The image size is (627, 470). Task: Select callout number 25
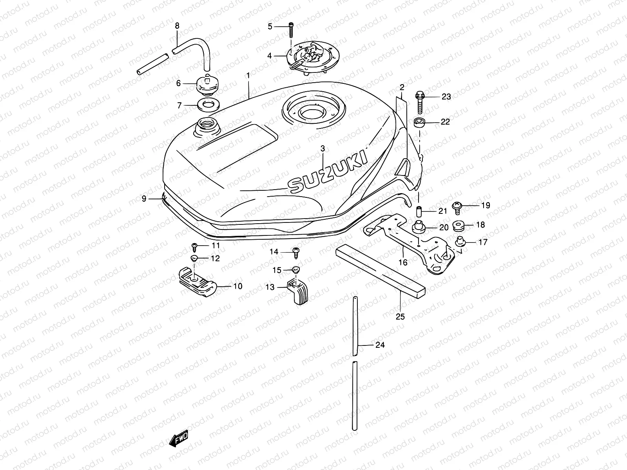[400, 316]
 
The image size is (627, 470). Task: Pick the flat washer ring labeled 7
[207, 105]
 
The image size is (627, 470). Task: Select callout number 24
[380, 345]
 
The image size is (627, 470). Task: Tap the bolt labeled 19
[457, 206]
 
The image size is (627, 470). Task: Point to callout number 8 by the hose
[177, 26]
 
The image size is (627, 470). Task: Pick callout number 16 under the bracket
[403, 262]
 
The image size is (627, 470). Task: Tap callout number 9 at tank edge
[144, 199]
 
